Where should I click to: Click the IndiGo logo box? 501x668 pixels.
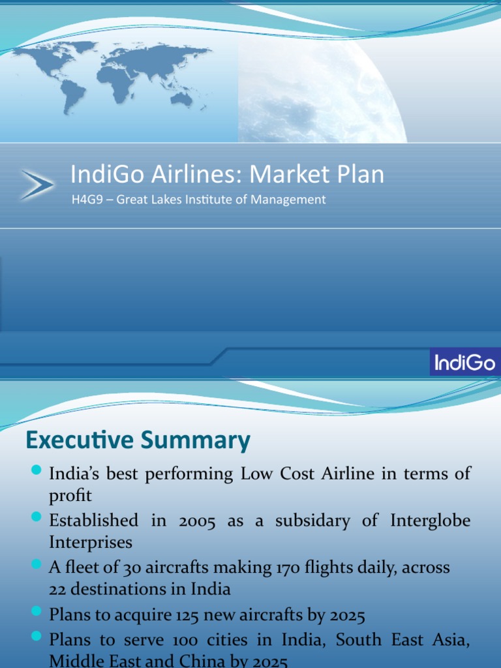[464, 361]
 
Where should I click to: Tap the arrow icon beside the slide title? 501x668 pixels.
[37, 184]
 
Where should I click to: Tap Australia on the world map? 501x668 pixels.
[182, 98]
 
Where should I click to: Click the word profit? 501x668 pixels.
[70, 495]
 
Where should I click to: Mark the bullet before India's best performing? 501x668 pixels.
[37, 470]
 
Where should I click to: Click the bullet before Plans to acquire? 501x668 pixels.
[37, 612]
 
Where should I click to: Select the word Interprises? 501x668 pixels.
[91, 542]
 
